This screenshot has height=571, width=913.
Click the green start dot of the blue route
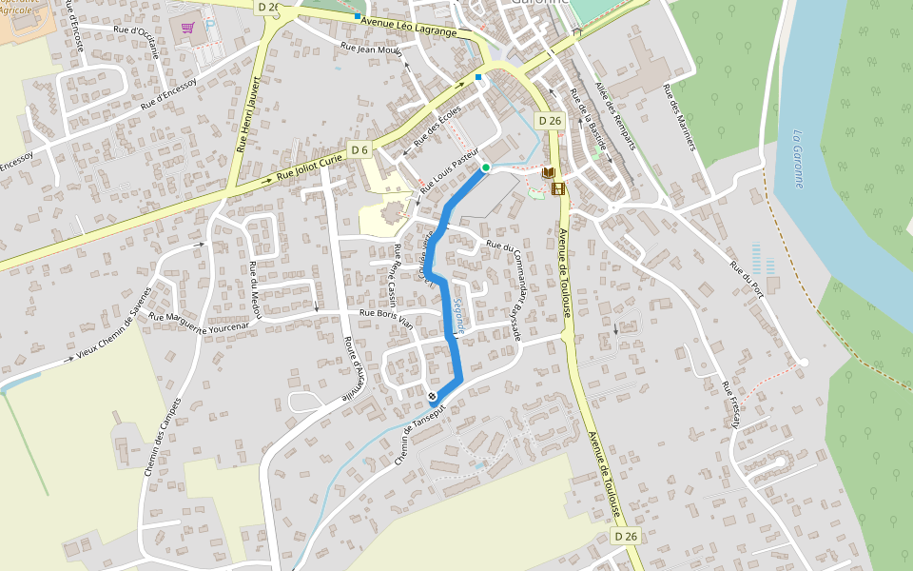(x=485, y=167)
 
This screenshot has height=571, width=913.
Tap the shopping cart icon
(x=188, y=28)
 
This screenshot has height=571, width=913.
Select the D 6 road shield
(x=359, y=150)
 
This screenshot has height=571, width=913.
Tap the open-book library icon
(x=548, y=172)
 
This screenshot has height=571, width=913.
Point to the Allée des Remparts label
(x=613, y=113)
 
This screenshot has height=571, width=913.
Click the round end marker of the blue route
(x=433, y=397)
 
